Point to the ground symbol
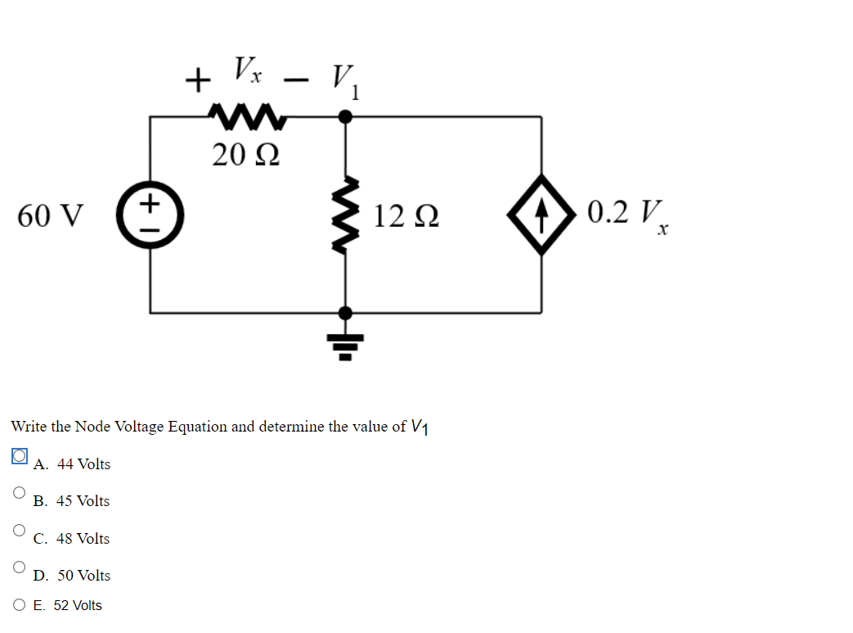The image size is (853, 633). [347, 346]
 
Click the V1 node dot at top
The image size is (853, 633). [347, 117]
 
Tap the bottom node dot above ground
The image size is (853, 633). [347, 312]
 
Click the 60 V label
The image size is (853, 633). [50, 216]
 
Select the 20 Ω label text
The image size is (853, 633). [245, 154]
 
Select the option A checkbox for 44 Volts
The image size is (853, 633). [20, 456]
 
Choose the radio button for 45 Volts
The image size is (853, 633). [19, 493]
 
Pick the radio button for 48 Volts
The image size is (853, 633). [19, 530]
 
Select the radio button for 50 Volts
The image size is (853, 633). [19, 567]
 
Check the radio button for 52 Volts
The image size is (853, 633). [20, 605]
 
